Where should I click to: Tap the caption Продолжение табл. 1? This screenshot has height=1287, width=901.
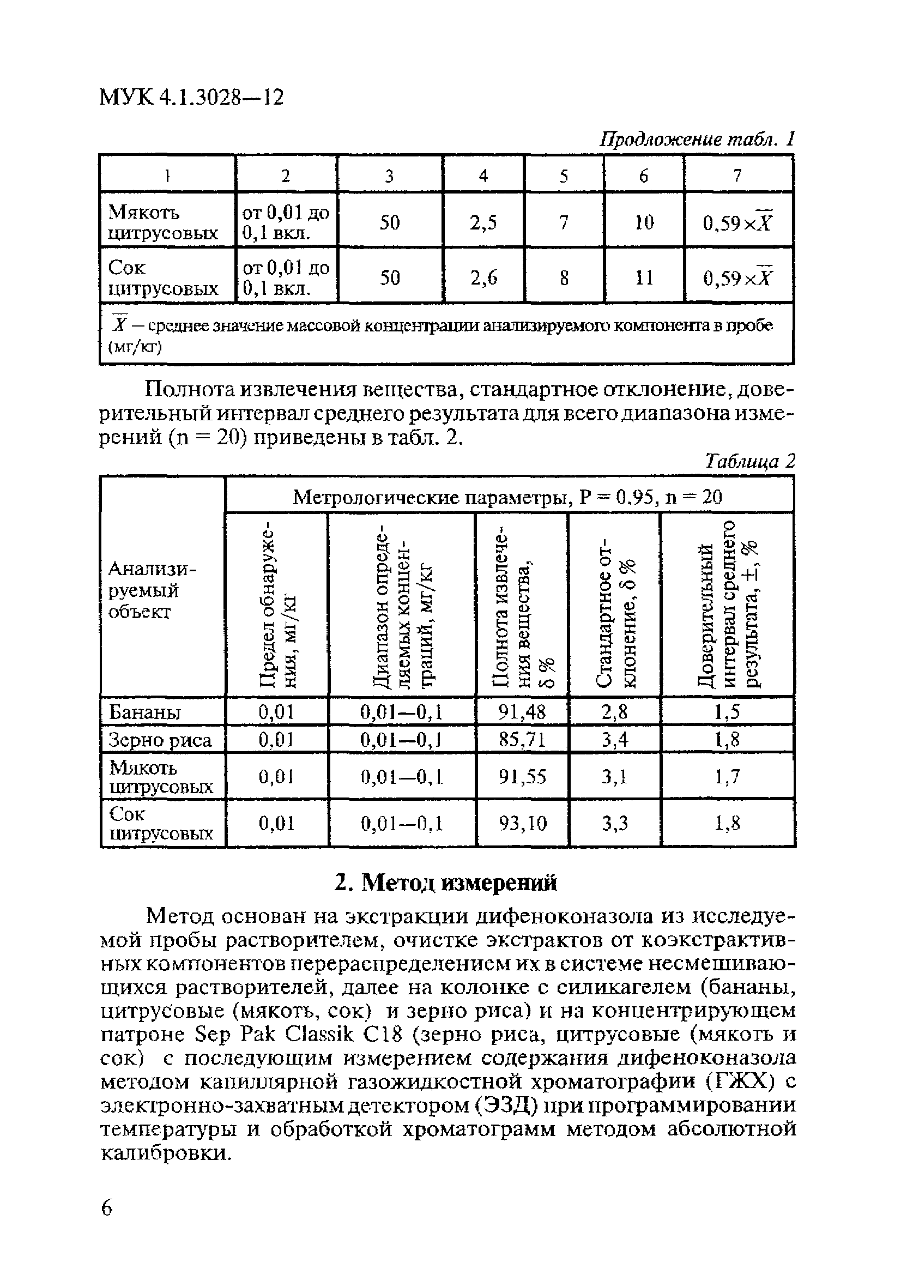[x=697, y=138]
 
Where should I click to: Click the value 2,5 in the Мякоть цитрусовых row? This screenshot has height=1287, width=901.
[x=483, y=222]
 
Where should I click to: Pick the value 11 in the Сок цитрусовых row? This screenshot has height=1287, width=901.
[x=644, y=277]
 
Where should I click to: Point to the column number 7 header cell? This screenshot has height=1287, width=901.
[x=738, y=176]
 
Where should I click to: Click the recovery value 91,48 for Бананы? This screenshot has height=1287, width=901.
[x=522, y=712]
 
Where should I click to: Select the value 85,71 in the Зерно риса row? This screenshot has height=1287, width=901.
[x=522, y=739]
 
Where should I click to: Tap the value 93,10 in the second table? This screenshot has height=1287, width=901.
[x=522, y=824]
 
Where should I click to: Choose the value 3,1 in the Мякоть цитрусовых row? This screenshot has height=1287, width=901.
[x=614, y=776]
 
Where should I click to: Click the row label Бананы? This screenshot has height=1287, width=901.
[x=144, y=712]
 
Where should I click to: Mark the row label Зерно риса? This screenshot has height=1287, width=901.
[x=160, y=740]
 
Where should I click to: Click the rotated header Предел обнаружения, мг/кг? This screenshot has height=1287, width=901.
[x=276, y=606]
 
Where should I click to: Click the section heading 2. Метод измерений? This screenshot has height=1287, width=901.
[x=446, y=884]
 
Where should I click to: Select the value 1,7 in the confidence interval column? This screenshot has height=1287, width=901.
[x=727, y=776]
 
